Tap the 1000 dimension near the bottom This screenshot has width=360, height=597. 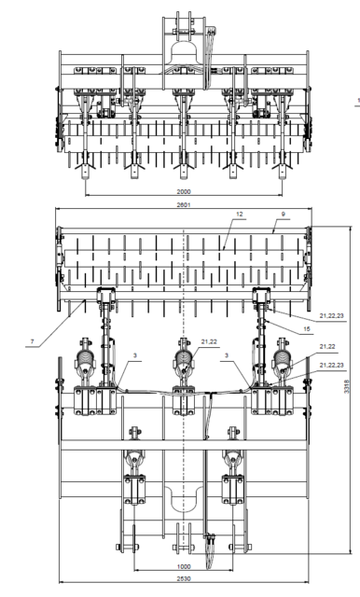183,567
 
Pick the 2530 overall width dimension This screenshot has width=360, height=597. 183,578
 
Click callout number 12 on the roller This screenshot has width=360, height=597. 240,215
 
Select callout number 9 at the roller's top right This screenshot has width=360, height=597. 280,215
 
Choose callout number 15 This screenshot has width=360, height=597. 307,326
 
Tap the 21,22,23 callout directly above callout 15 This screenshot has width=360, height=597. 331,316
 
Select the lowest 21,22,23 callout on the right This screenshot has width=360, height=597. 331,365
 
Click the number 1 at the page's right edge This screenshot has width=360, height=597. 356,95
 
